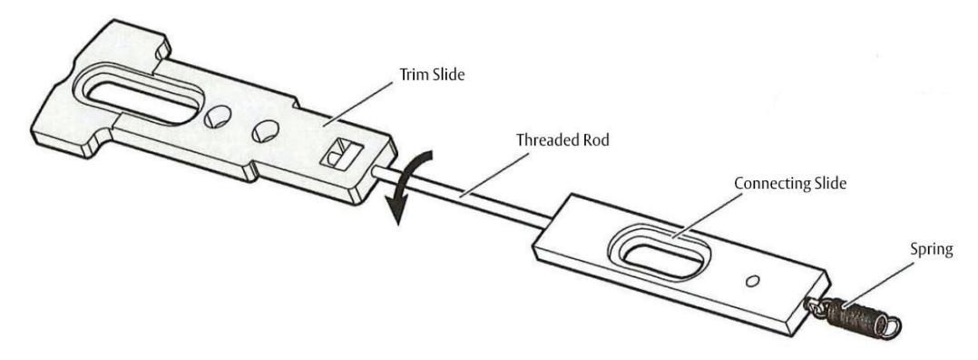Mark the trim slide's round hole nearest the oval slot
tap(219, 115)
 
